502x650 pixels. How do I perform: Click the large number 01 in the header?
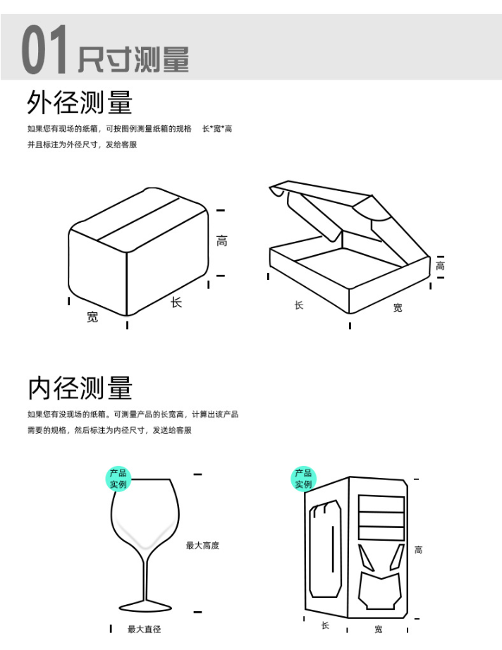coord(44,49)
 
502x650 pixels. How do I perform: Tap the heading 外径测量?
coord(80,102)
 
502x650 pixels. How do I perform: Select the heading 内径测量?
coord(80,388)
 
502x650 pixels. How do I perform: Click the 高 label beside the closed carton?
coord(222,241)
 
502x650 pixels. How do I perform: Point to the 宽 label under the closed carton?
coord(92,317)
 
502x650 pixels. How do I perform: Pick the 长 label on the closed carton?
coord(176,302)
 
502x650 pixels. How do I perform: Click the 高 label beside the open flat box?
coord(440,265)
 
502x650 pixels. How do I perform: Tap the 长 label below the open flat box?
coord(299,305)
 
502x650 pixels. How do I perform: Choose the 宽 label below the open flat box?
coord(398,307)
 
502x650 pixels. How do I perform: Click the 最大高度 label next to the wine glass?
coord(203,546)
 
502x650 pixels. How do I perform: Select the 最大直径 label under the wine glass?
coord(145,630)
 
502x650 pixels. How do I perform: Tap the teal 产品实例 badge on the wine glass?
coord(118,479)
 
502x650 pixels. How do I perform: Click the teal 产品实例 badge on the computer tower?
coord(303,479)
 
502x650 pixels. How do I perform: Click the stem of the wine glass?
coord(145,576)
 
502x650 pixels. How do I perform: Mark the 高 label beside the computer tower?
coord(419,550)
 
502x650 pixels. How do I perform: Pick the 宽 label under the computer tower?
coord(379,630)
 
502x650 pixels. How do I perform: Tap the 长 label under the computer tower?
coord(326,625)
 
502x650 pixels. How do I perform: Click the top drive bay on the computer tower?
coord(381,503)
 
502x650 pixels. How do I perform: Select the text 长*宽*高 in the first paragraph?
coord(217,129)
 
